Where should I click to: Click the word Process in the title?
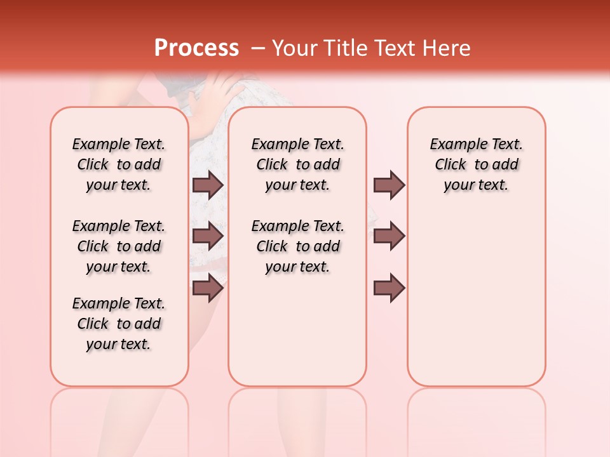[x=196, y=48]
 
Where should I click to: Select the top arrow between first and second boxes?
[x=208, y=185]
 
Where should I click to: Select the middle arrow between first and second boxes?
[x=208, y=236]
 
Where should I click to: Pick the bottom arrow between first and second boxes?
[x=208, y=288]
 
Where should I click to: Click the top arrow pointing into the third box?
[x=389, y=185]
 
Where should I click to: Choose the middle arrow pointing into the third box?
[x=389, y=236]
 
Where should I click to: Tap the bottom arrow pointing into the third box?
[x=389, y=288]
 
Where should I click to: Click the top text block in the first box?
[x=119, y=164]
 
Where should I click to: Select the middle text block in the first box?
[x=119, y=246]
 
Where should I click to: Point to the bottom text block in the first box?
[x=119, y=324]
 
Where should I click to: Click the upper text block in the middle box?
[x=297, y=164]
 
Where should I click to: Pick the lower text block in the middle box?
[x=297, y=246]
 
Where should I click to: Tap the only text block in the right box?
[x=476, y=164]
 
